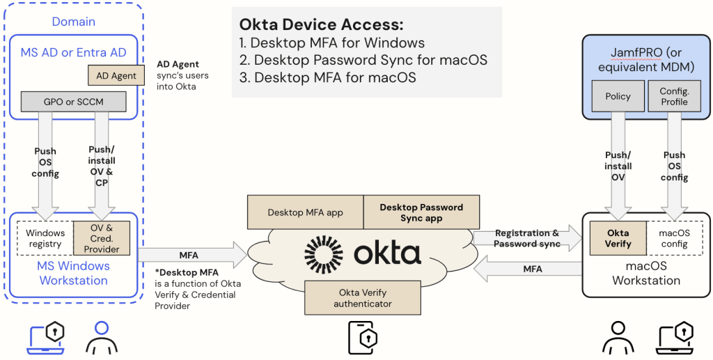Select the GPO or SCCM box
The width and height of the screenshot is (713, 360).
point(73,102)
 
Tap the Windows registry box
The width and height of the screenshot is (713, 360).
point(45,238)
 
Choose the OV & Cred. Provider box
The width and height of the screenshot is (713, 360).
point(102,238)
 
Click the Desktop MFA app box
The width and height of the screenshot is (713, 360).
point(305,212)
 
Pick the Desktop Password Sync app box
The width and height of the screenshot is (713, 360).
point(421,212)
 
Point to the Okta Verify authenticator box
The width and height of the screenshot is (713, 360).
point(363,297)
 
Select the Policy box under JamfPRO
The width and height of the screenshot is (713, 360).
point(618,96)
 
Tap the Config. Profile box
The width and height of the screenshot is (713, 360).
point(674,96)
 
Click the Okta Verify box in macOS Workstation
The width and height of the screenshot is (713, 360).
point(617,239)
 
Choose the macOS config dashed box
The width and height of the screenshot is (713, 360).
point(674,239)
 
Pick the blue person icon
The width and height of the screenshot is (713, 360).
point(102,338)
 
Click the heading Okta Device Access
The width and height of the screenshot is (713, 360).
point(321,24)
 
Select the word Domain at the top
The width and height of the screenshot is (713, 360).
point(73,22)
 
